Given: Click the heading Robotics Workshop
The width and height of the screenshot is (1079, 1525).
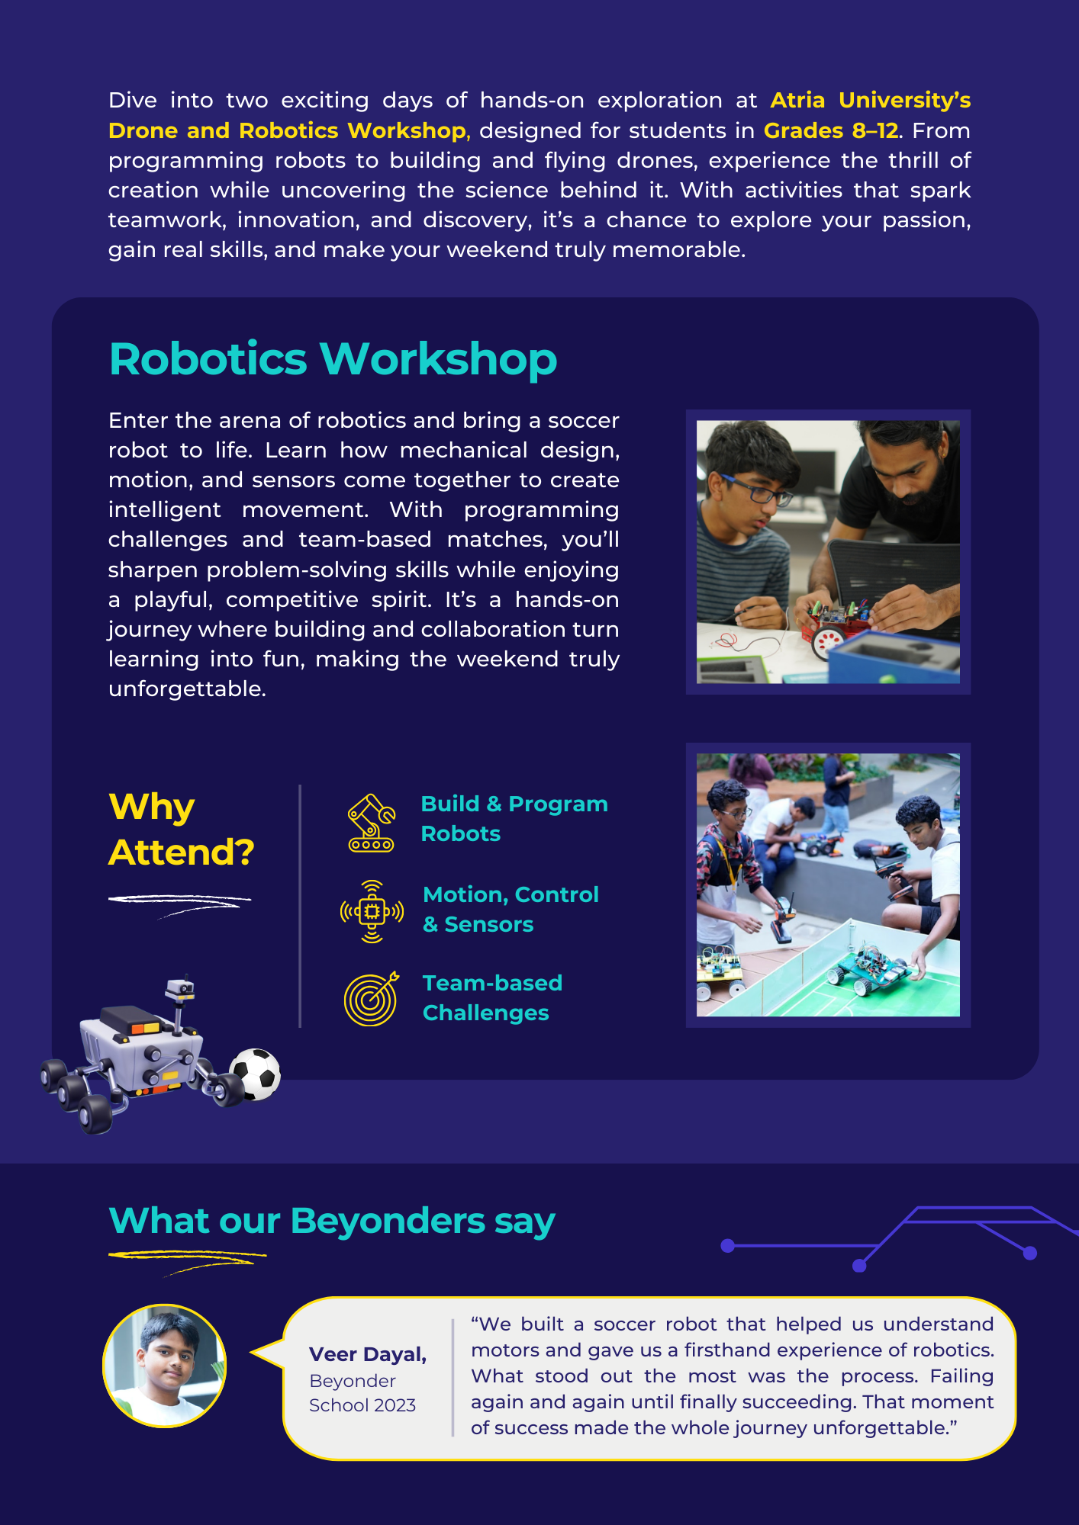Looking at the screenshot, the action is pos(333,358).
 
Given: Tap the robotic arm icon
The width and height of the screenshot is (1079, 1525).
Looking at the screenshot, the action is pos(372,823).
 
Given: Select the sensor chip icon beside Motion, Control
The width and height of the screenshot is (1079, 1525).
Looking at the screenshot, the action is pos(372,911).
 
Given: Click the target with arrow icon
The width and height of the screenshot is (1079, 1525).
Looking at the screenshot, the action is pos(372,998).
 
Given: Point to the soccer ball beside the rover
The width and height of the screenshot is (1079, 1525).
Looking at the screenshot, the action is pos(256,1074).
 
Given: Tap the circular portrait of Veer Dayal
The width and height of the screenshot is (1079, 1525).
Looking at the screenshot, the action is pos(165,1365).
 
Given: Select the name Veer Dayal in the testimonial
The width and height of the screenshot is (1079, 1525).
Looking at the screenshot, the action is pos(368,1354).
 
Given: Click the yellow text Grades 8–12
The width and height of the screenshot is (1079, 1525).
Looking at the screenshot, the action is pos(831,130).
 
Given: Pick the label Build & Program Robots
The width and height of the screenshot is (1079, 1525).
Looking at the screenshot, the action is pos(514,818).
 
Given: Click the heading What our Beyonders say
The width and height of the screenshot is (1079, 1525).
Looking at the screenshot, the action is pos(332,1221).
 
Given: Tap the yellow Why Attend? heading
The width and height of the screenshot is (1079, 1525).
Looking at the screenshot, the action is pos(181,829).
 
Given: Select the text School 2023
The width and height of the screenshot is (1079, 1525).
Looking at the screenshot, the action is pos(362,1405).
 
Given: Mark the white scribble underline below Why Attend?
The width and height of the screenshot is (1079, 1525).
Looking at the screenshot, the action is pos(180,903).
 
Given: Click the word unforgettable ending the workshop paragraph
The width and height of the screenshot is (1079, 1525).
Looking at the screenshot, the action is pos(187,689).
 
